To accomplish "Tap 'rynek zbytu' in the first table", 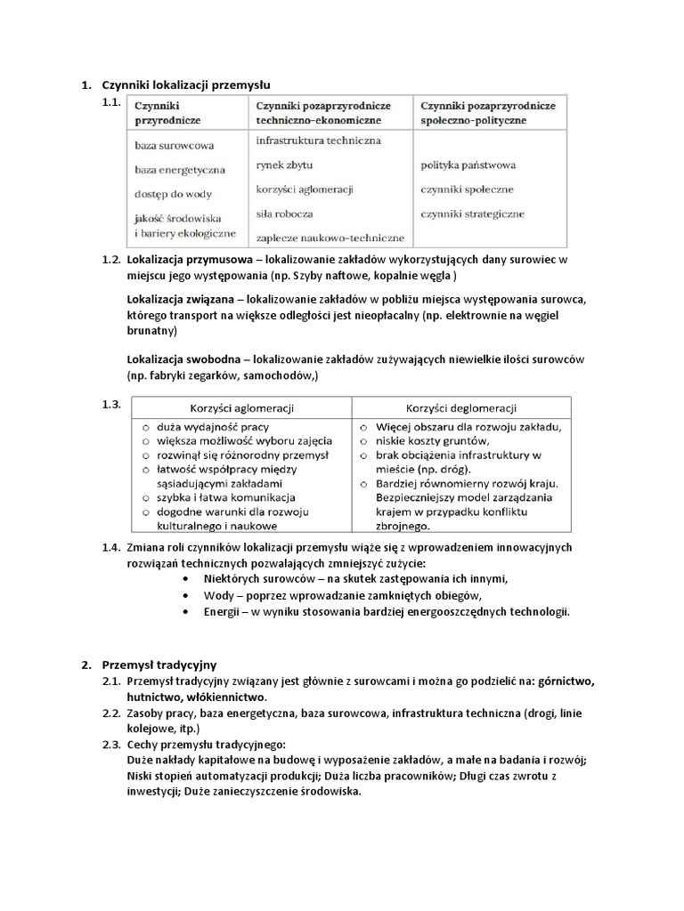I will pos(284,165).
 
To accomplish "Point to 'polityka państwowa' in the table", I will pos(468,165).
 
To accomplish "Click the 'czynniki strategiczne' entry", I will pos(472,214).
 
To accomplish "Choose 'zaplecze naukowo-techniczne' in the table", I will pos(330,238).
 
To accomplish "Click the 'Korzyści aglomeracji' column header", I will pos(243,408).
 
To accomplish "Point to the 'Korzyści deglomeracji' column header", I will pos(461,408).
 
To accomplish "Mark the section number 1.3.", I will pos(111,405).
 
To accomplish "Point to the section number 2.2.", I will pos(111,713).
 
